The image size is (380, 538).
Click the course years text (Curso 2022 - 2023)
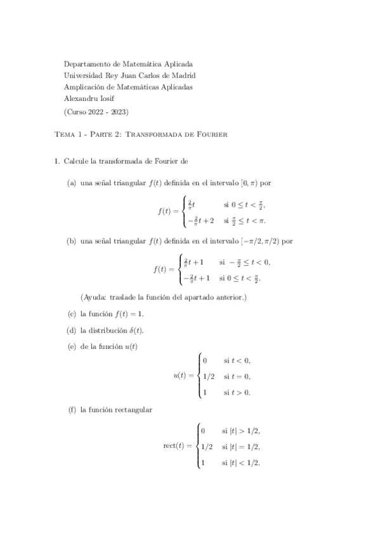pyautogui.click(x=97, y=112)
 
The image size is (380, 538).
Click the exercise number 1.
pyautogui.click(x=56, y=161)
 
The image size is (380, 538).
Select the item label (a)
pyautogui.click(x=72, y=183)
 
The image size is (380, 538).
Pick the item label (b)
pyautogui.click(x=72, y=241)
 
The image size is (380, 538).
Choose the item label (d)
pyautogui.click(x=72, y=330)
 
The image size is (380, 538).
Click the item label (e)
pyautogui.click(x=72, y=346)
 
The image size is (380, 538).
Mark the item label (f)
pyautogui.click(x=71, y=410)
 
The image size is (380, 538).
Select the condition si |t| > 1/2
pyautogui.click(x=240, y=431)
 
